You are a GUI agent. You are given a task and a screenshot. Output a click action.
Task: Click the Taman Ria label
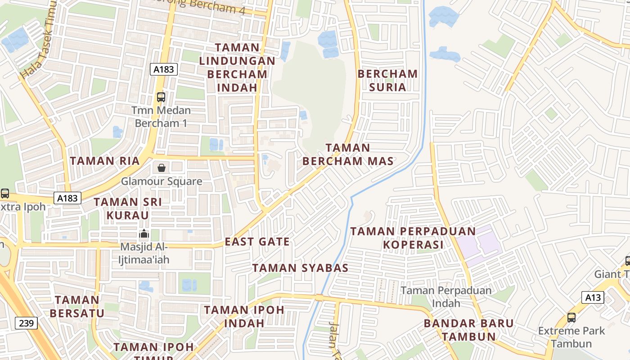[104, 161]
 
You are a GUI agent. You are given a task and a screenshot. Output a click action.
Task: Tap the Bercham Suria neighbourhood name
[387, 80]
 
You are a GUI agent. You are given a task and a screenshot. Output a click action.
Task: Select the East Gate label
[257, 242]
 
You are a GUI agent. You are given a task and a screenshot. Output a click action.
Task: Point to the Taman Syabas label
[300, 268]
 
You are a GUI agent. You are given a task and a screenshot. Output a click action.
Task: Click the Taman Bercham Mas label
[348, 154]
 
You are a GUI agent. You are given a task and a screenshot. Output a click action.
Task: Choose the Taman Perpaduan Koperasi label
[413, 238]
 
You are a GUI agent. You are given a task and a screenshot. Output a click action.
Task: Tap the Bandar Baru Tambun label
[468, 330]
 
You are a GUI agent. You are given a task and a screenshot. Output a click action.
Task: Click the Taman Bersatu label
[77, 306]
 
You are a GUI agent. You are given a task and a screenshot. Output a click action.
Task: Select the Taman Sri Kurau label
[127, 208]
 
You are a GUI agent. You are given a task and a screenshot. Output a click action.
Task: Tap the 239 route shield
[26, 323]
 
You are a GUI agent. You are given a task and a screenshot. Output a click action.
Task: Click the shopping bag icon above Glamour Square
[161, 168]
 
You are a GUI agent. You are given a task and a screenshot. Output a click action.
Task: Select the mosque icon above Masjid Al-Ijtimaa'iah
[144, 234]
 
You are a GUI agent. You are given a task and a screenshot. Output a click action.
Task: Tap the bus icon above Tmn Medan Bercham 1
[161, 97]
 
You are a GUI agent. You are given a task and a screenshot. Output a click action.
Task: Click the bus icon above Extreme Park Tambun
[571, 317]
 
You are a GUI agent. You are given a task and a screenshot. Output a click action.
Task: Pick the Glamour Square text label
[162, 181]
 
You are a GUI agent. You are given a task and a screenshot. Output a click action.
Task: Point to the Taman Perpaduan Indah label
[446, 297]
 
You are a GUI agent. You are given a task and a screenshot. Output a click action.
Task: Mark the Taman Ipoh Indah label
[244, 316]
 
